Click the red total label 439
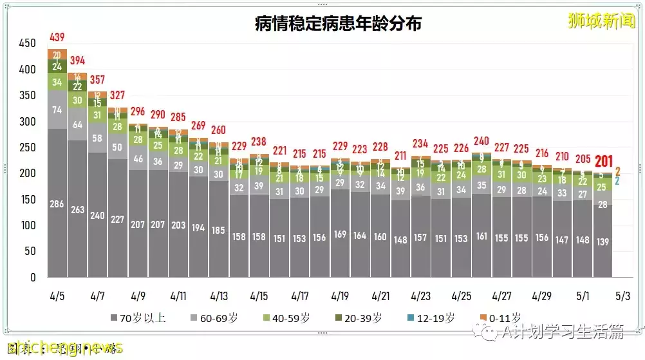57,38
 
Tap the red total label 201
603,161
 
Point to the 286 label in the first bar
57,204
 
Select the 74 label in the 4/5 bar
57,110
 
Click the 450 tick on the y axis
28,44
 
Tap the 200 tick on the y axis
28,174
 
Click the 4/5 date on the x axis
57,297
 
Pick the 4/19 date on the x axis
339,297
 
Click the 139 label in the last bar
603,241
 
